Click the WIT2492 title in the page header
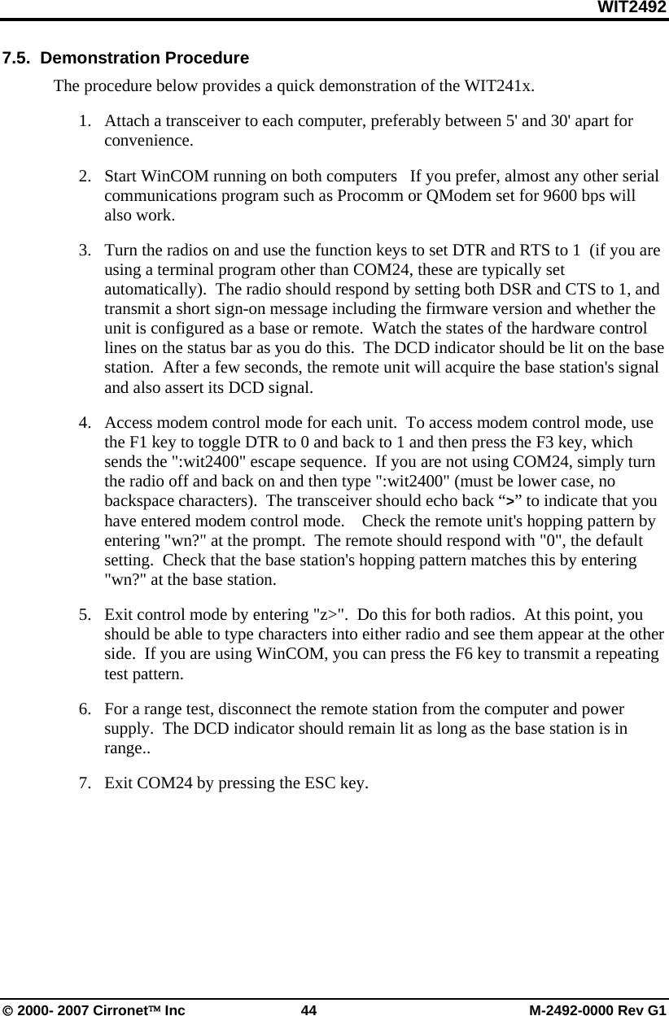632,7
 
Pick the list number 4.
85,423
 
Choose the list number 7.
85,784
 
